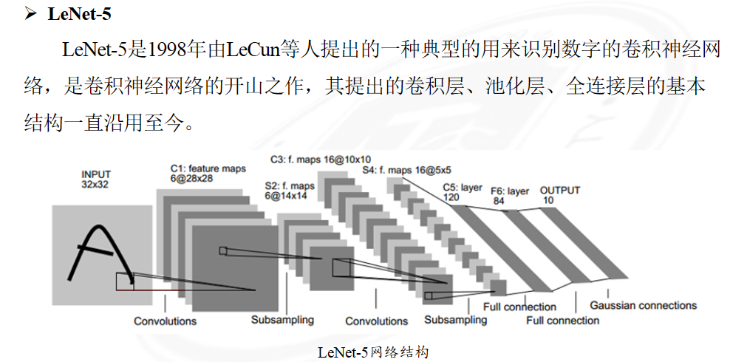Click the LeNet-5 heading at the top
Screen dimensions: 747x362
pos(80,13)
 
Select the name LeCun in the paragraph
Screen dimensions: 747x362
pos(252,49)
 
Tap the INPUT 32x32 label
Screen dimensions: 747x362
pos(95,179)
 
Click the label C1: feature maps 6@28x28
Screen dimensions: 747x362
pos(208,174)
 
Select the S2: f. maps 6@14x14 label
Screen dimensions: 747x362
pos(290,190)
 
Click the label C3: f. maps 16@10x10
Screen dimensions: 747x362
pos(321,159)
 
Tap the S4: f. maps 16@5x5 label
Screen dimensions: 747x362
pos(407,169)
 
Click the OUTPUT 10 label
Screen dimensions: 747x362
pos(560,195)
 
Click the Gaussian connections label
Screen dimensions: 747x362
pos(643,305)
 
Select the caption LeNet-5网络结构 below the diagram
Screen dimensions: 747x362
pos(373,352)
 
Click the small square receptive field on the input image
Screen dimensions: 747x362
pos(125,281)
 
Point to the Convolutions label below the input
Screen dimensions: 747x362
pos(165,321)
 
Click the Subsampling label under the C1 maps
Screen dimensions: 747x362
pos(282,320)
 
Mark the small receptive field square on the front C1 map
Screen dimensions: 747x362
pos(223,250)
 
